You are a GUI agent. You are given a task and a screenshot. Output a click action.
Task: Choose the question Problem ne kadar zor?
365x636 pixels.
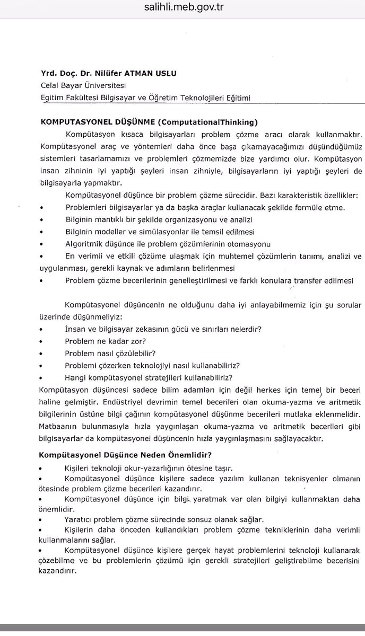pos(106,341)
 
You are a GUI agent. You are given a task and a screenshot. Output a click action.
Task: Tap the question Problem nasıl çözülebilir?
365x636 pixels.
pos(110,353)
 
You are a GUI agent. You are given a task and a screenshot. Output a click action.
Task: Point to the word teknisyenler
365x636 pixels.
pos(307,479)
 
